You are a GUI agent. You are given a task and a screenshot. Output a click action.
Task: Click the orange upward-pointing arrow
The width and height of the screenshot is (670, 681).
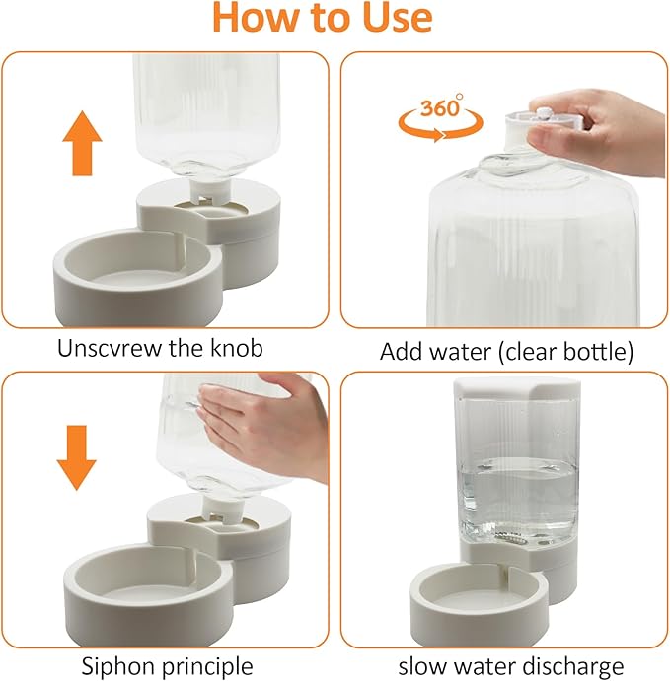[82, 143]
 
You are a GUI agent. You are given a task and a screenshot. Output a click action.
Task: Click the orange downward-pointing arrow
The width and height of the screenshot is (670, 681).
[77, 457]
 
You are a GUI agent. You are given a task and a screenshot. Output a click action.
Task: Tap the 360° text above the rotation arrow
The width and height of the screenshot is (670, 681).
[441, 106]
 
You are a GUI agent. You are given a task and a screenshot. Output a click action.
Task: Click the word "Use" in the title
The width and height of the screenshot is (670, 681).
[397, 18]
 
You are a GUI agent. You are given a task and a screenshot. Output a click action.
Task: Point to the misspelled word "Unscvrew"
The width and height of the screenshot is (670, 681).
[111, 348]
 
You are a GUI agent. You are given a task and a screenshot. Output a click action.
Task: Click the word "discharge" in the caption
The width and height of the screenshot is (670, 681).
[572, 666]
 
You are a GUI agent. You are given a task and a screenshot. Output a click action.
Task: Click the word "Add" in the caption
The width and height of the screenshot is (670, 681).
[404, 351]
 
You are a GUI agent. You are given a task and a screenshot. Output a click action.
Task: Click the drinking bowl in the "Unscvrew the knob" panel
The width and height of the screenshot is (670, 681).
[138, 278]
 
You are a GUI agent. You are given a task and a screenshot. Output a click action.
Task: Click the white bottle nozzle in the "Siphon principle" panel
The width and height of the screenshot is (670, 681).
[223, 506]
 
